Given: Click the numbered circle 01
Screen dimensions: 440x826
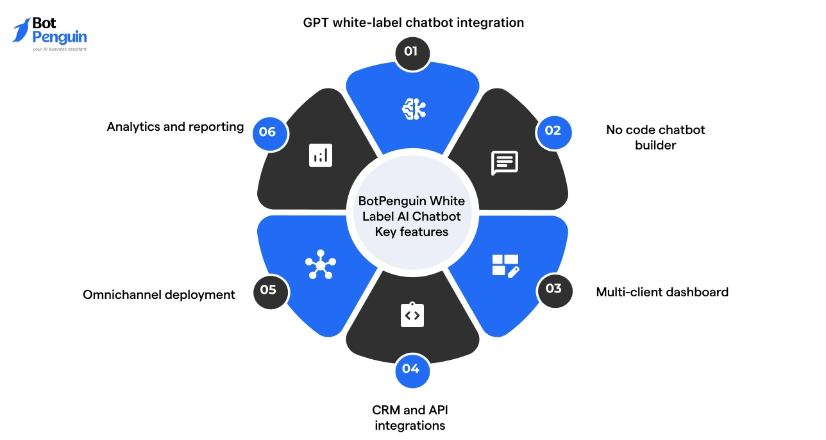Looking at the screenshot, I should (x=412, y=51).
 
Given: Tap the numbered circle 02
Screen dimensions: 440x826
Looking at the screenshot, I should (x=553, y=131).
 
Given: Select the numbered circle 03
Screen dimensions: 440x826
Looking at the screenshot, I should (x=553, y=289).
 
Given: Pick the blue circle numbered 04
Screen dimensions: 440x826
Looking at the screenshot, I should (x=412, y=369).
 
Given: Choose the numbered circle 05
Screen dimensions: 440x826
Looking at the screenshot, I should (x=269, y=291).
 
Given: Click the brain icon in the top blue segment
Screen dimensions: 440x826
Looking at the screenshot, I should (x=414, y=110).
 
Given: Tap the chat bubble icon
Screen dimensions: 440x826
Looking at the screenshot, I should (x=504, y=163).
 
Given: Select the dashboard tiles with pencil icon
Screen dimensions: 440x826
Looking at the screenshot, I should (x=505, y=265).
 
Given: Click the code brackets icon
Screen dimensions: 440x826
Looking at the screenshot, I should (x=412, y=315).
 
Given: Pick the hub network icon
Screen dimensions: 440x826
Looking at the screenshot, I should (x=320, y=264).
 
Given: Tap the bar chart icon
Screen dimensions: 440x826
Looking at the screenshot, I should (x=320, y=155).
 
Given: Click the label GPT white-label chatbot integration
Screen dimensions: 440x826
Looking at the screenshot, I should (x=413, y=23).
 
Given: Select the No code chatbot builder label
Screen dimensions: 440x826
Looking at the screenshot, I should (x=655, y=137).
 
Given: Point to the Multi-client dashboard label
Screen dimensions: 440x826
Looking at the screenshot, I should (x=662, y=292).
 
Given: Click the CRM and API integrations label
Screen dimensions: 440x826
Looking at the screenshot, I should (x=410, y=418).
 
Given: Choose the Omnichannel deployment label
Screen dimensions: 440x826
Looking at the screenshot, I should (x=159, y=295).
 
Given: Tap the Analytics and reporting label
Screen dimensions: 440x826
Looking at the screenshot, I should (x=175, y=127).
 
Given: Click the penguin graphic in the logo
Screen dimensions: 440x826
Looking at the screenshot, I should (x=21, y=30).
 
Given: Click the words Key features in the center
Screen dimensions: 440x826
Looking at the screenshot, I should (x=412, y=232).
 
